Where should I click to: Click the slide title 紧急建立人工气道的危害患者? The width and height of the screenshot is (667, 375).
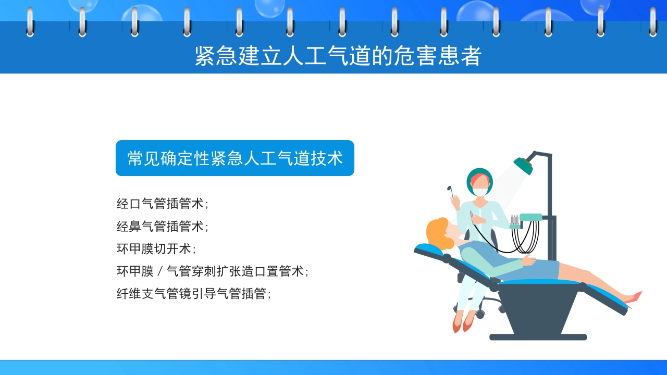338,56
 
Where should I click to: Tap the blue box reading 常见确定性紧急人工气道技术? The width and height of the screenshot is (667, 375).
235,158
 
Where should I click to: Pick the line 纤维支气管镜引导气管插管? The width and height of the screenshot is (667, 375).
193,294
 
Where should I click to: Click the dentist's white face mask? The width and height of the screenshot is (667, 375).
480,191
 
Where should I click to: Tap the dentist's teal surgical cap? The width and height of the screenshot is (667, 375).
479,173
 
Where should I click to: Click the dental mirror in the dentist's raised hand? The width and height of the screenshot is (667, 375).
450,189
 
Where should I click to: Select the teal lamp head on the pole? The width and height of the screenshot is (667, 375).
523,165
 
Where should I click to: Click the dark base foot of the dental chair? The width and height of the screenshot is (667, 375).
538,337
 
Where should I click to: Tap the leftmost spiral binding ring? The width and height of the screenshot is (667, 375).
30,22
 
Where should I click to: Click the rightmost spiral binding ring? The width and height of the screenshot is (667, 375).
652,22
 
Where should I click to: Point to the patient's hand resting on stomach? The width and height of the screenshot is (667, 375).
528,259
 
